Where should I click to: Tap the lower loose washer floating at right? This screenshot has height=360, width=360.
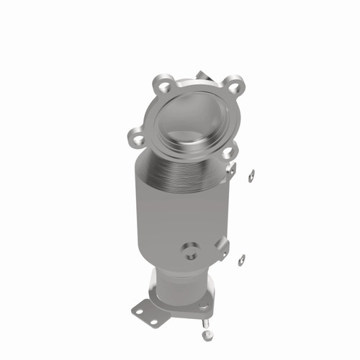pos(241,259)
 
